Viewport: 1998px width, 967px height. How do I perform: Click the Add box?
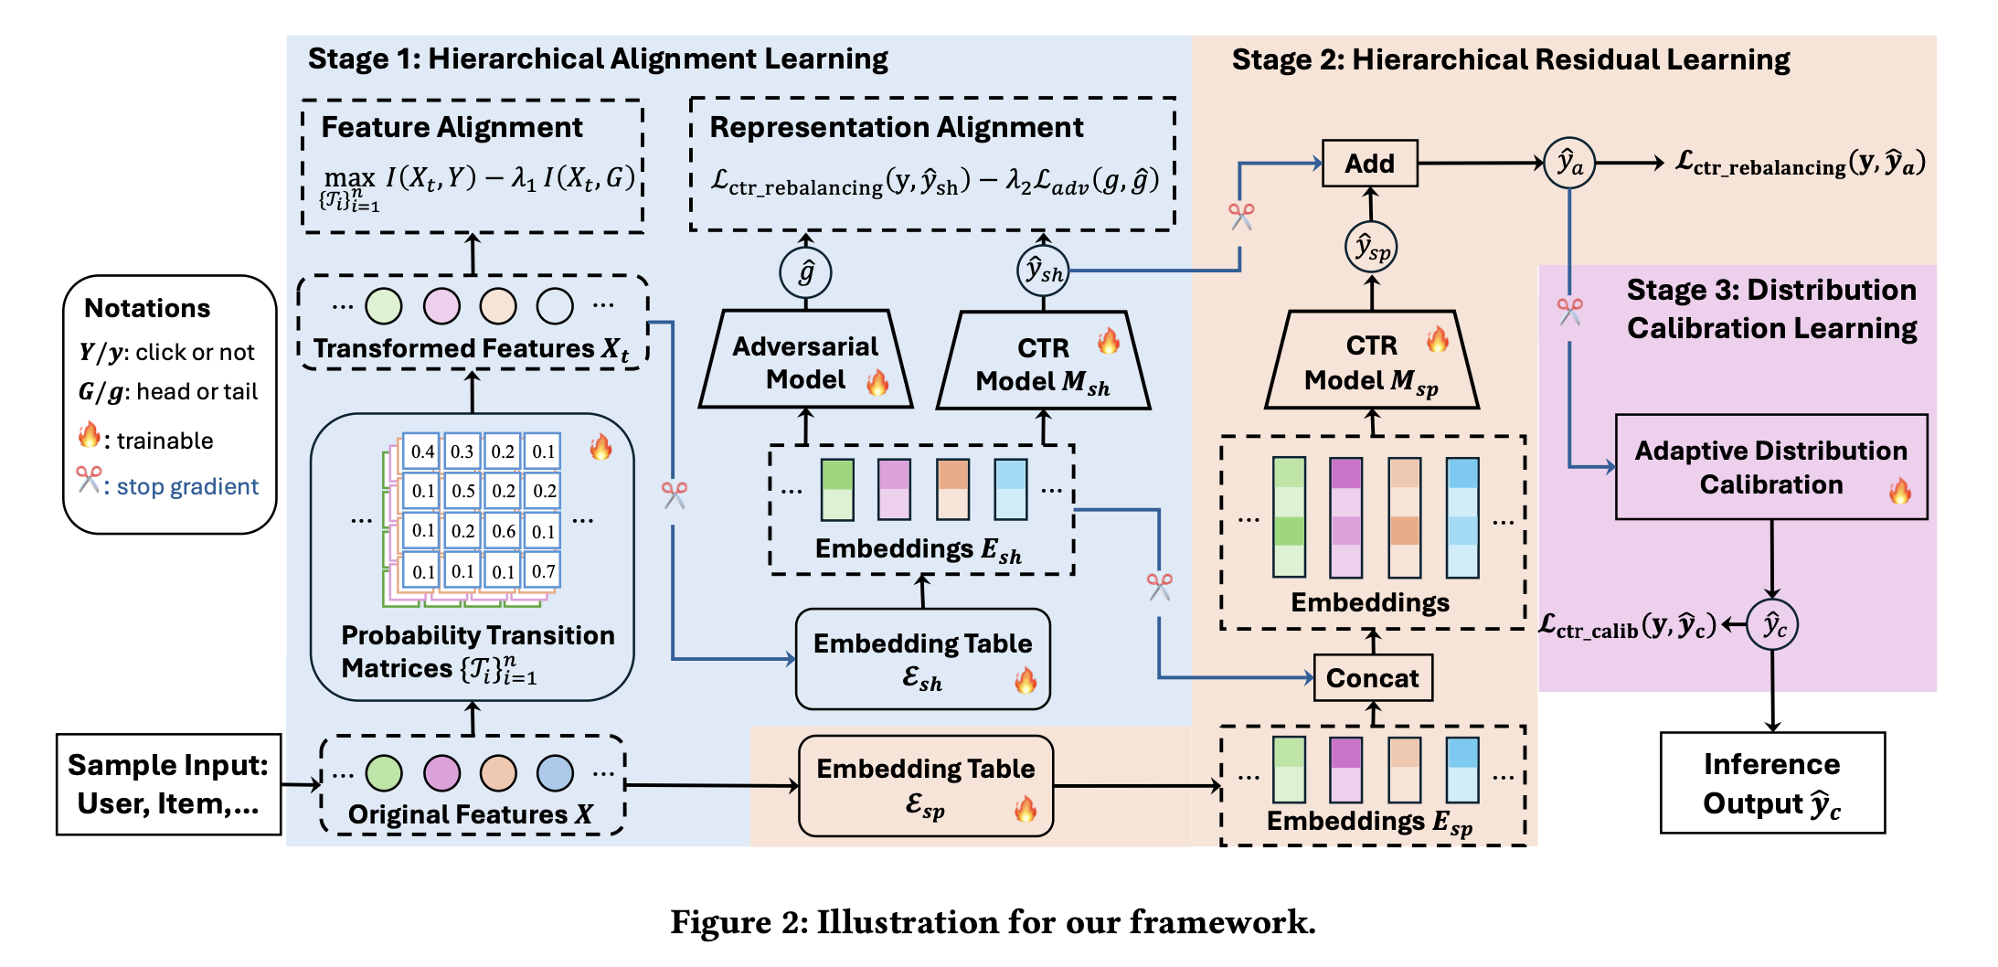pyautogui.click(x=1369, y=164)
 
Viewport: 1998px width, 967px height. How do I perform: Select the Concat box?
pyautogui.click(x=1372, y=677)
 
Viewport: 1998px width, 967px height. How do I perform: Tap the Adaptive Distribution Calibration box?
pyautogui.click(x=1770, y=467)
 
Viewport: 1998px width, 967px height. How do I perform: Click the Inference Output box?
pyautogui.click(x=1771, y=783)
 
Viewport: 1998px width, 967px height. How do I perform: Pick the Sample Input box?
pyautogui.click(x=168, y=784)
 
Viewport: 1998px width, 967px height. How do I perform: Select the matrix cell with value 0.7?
pyautogui.click(x=543, y=571)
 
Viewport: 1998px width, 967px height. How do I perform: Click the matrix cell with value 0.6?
pyautogui.click(x=504, y=531)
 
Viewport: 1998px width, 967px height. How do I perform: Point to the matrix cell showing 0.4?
pyautogui.click(x=422, y=452)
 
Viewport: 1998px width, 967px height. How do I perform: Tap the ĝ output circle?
pyautogui.click(x=805, y=272)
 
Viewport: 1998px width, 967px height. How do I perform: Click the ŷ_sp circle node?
pyautogui.click(x=1371, y=248)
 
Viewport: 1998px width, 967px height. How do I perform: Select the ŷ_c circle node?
pyautogui.click(x=1772, y=625)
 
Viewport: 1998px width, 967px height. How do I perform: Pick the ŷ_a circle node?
pyautogui.click(x=1568, y=164)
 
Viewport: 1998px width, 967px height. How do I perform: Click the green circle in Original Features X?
pyautogui.click(x=384, y=773)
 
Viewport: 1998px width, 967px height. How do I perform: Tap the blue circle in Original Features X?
pyautogui.click(x=555, y=773)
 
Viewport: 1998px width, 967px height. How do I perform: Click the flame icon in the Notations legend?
pyautogui.click(x=89, y=435)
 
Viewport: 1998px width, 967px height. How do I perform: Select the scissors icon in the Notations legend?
pyautogui.click(x=89, y=480)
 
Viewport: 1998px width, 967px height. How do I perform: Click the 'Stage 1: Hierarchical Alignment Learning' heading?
pyautogui.click(x=598, y=59)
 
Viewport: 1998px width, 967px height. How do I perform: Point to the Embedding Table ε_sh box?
pyautogui.click(x=922, y=659)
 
